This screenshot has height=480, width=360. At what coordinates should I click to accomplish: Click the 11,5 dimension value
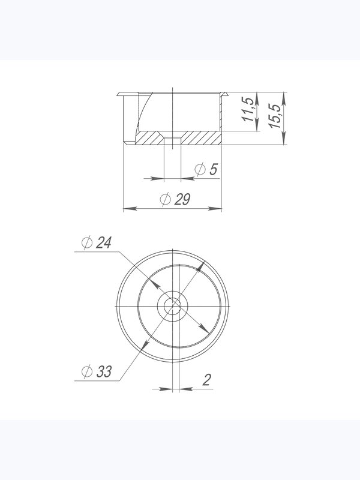pyautogui.click(x=248, y=109)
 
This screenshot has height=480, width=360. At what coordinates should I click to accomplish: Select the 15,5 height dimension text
pyautogui.click(x=275, y=116)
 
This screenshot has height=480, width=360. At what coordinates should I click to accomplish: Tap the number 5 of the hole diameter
pyautogui.click(x=214, y=169)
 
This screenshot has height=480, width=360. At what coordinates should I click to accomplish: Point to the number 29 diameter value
pyautogui.click(x=182, y=199)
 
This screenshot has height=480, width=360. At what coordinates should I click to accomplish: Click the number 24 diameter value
pyautogui.click(x=103, y=242)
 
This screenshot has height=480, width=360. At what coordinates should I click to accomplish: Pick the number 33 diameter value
pyautogui.click(x=104, y=371)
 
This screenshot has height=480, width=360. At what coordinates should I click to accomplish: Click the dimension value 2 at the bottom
pyautogui.click(x=206, y=380)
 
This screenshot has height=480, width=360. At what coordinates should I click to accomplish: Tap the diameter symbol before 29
pyautogui.click(x=166, y=200)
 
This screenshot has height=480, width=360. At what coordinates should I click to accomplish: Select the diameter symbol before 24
pyautogui.click(x=87, y=243)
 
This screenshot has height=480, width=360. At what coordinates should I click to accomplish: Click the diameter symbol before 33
pyautogui.click(x=87, y=372)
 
